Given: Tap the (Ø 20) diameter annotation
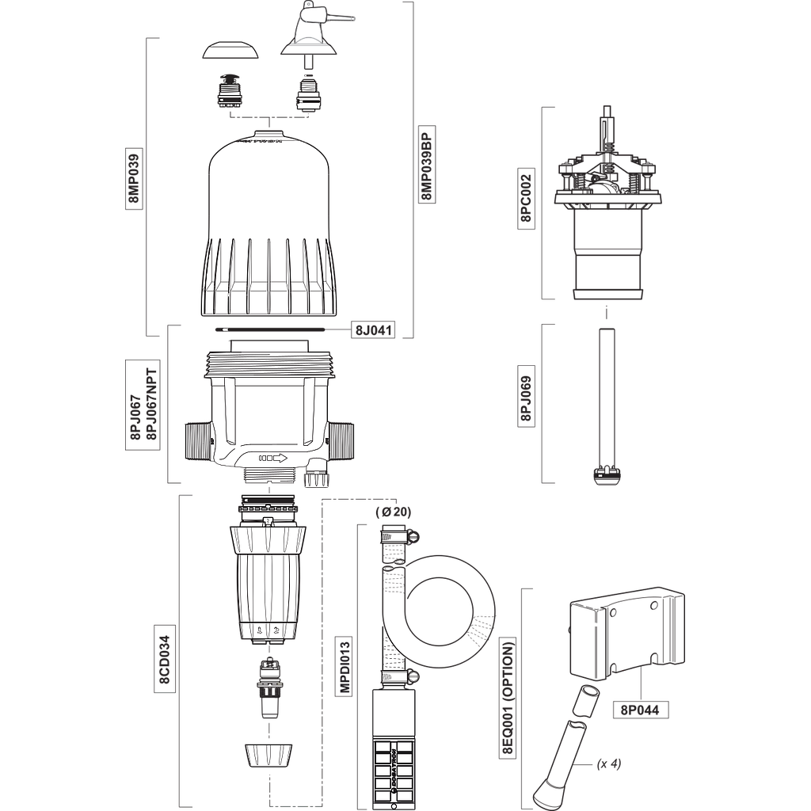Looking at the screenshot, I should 394,512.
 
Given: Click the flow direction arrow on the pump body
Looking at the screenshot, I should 272,458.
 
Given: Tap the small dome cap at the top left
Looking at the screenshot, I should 231,51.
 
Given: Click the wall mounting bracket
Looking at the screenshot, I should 626,634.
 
